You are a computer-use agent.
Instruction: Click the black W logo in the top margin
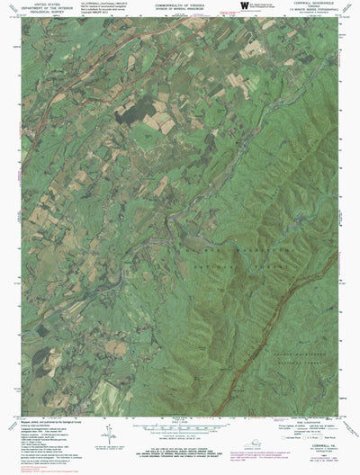(x=245, y=8)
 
